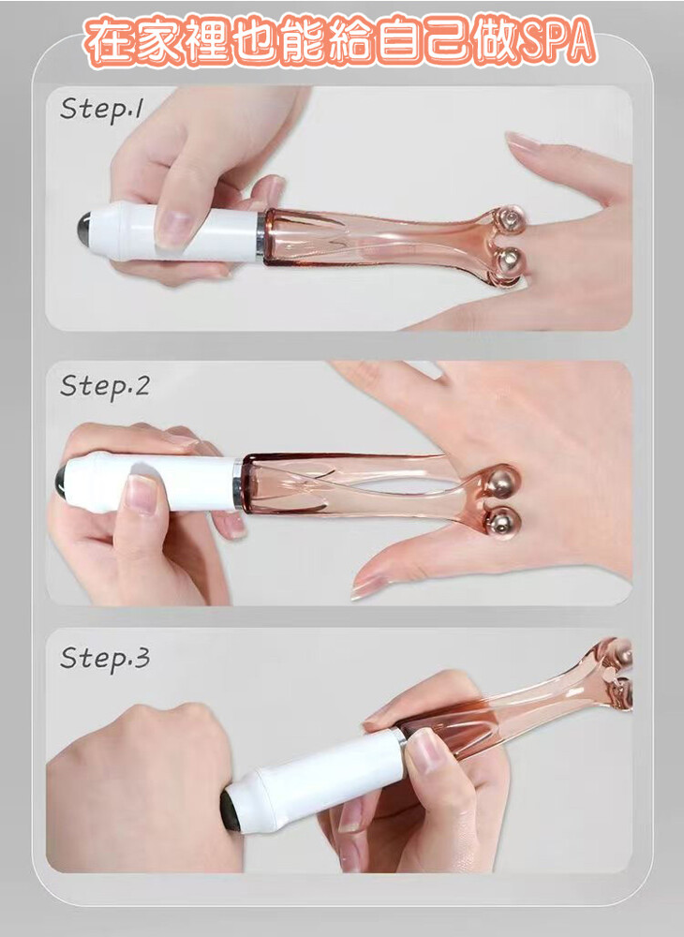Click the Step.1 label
coord(101,110)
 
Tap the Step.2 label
coord(105,387)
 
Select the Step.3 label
coord(105,659)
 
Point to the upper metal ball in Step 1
coord(510,219)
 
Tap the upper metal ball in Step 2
coord(502,482)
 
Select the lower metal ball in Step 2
coord(503,522)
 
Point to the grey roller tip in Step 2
coord(61,482)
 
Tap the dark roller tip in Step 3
coord(230,811)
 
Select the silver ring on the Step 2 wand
coord(238,484)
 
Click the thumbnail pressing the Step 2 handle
coord(141,494)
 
